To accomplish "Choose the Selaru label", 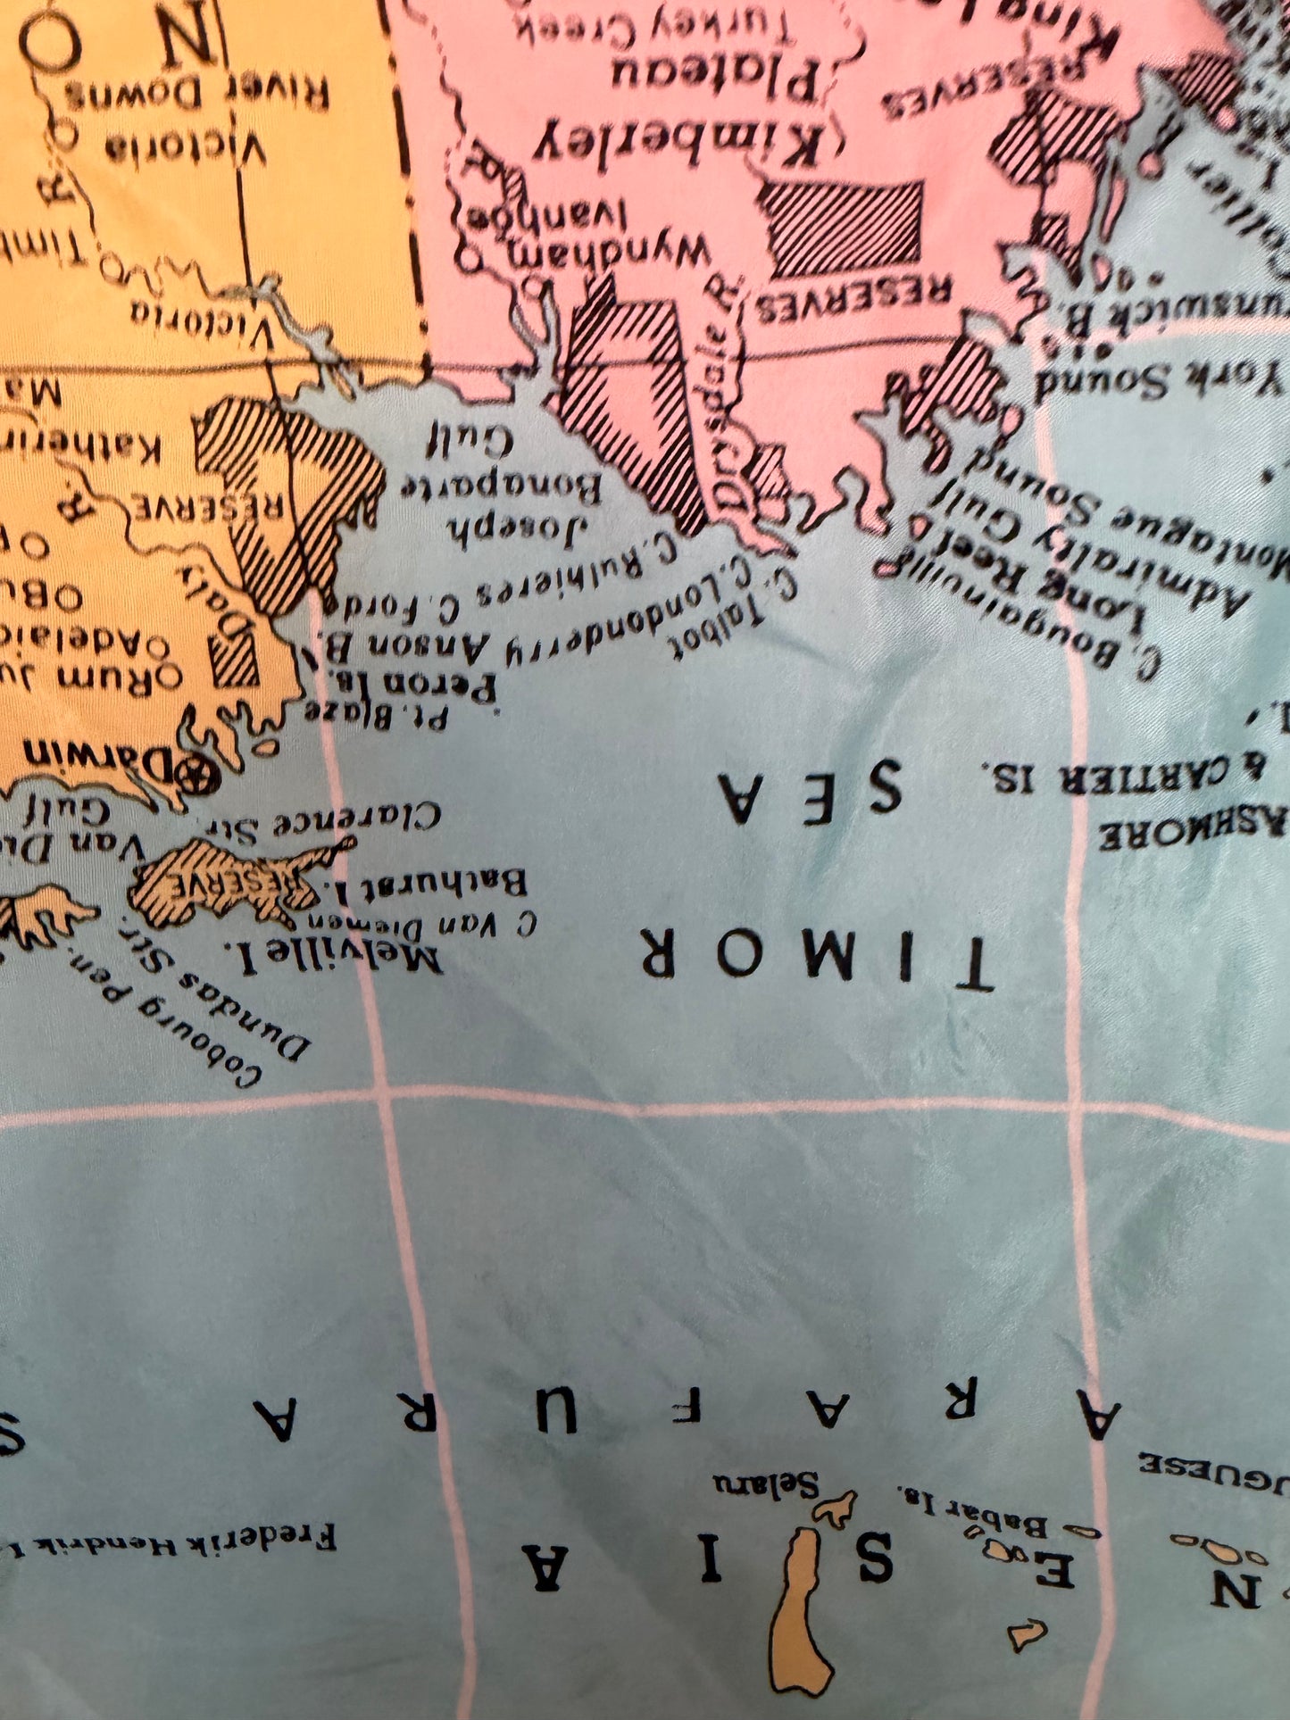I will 766,1483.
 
